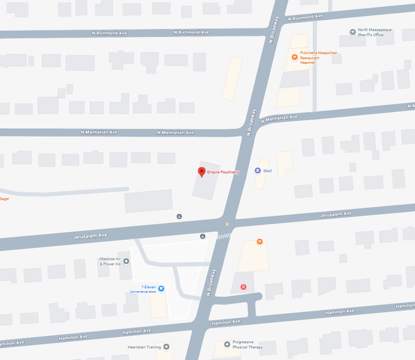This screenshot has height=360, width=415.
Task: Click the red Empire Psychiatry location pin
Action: pyautogui.click(x=201, y=172)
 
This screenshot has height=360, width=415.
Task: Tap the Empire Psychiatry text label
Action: pyautogui.click(x=223, y=172)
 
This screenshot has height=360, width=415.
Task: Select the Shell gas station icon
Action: pyautogui.click(x=257, y=171)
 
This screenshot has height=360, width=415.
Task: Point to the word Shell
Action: pyautogui.click(x=267, y=171)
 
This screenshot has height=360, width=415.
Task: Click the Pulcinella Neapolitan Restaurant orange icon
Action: pyautogui.click(x=295, y=57)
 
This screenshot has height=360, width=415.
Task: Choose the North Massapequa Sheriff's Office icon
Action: pyautogui.click(x=352, y=32)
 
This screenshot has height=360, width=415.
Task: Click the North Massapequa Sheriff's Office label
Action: pyautogui.click(x=370, y=32)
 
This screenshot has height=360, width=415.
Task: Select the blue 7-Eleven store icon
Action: pyautogui.click(x=161, y=289)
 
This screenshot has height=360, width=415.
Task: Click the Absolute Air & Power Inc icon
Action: pyautogui.click(x=126, y=261)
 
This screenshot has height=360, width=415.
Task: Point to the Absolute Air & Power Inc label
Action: pyautogui.click(x=110, y=261)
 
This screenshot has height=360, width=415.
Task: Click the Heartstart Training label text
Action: pyautogui.click(x=144, y=347)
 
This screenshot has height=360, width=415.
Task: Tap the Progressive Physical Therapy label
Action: pyautogui.click(x=247, y=345)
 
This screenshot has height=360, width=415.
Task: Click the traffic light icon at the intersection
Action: pyautogui.click(x=227, y=223)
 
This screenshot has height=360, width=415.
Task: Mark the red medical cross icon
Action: pyautogui.click(x=243, y=287)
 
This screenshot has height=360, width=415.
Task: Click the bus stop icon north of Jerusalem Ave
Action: pyautogui.click(x=179, y=216)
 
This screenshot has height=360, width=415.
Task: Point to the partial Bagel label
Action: pyautogui.click(x=4, y=199)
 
